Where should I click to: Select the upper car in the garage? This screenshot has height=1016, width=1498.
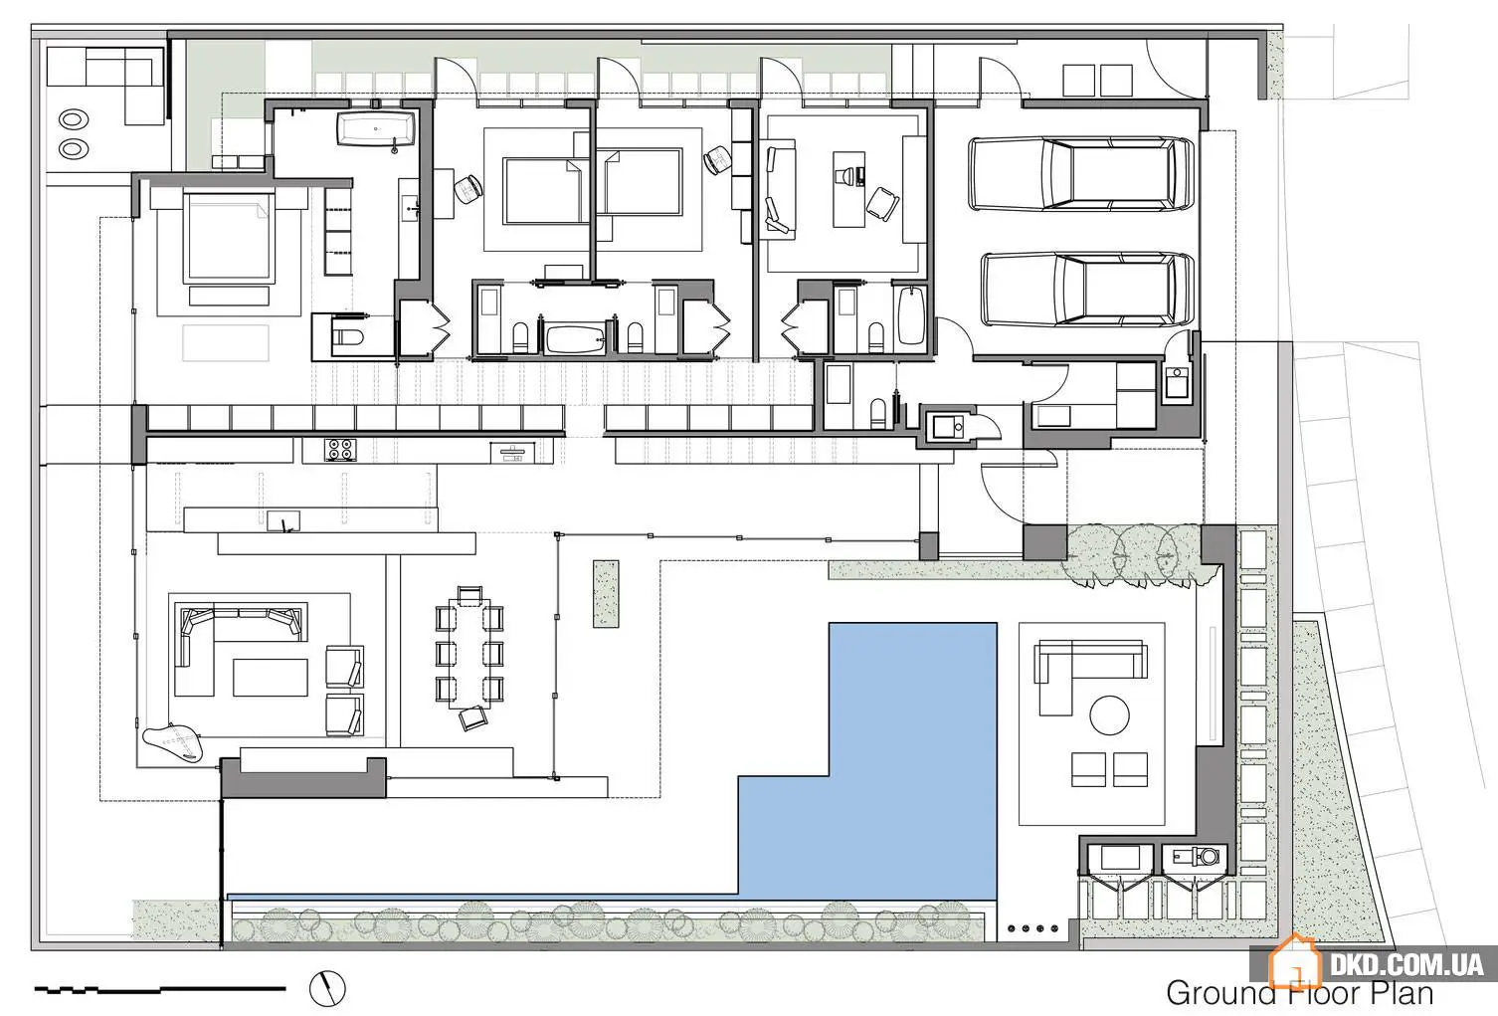tap(1081, 174)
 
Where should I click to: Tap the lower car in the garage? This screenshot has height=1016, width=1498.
tap(1088, 290)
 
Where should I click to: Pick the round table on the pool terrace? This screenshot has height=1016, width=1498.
tap(1109, 715)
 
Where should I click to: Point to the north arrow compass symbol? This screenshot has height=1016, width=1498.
tap(327, 987)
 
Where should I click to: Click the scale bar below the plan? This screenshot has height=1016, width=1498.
tap(160, 988)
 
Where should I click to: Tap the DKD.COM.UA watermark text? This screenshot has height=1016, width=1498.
tap(1405, 965)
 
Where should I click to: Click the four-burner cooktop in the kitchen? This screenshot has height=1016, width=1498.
tap(341, 450)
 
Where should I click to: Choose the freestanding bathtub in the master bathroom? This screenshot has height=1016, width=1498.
tap(376, 128)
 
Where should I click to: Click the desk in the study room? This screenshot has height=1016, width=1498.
tap(849, 189)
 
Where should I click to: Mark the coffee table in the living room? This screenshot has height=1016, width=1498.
tap(271, 677)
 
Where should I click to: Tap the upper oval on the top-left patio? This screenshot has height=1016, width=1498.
tap(74, 120)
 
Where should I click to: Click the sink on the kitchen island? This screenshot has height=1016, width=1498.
tap(283, 521)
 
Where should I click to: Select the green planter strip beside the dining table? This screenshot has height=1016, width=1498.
tap(606, 594)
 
